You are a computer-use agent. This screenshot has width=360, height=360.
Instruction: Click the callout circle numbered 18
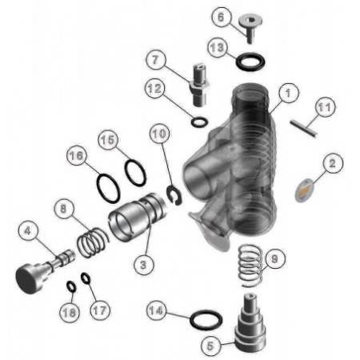coord(70,313)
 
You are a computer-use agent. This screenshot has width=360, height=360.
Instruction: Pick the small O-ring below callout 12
coord(198,122)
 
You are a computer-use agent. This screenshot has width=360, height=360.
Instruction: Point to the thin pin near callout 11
coord(305,124)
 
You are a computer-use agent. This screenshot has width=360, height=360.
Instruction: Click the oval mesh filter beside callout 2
coord(304,191)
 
